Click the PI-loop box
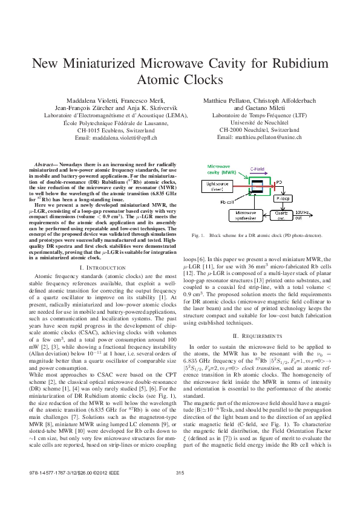(283, 198)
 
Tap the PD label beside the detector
(279, 181)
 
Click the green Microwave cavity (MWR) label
(218, 169)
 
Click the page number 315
(180, 488)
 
